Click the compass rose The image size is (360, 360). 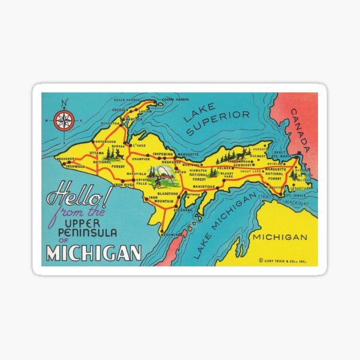(x=64, y=121)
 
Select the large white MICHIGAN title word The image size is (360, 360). (x=94, y=253)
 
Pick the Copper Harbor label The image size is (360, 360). (x=175, y=99)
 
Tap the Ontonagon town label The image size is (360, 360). (x=105, y=142)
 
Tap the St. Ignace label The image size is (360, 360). (x=296, y=195)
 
